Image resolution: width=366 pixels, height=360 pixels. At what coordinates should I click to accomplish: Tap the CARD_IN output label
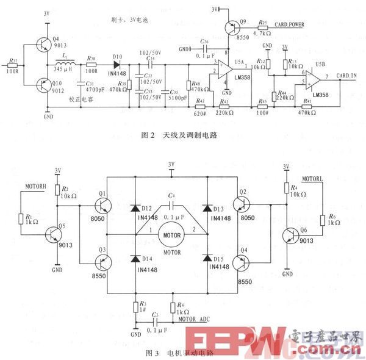(346, 76)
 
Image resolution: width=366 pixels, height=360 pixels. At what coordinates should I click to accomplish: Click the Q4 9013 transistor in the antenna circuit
(41, 44)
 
